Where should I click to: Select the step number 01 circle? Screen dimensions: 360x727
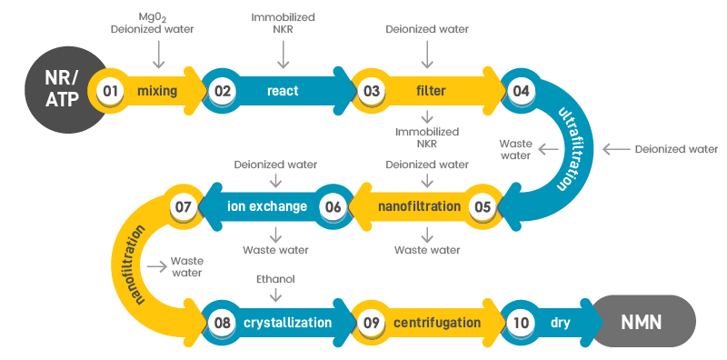[111, 91]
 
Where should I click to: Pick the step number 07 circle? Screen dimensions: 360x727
[184, 206]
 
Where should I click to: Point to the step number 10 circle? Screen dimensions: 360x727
[522, 322]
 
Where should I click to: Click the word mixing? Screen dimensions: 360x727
[157, 91]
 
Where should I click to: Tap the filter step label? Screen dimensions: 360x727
[430, 91]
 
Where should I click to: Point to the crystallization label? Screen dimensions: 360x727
[292, 322]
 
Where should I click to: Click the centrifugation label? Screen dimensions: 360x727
[437, 322]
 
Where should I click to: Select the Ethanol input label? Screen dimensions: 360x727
[276, 279]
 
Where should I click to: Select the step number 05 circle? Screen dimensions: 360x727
[483, 206]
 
